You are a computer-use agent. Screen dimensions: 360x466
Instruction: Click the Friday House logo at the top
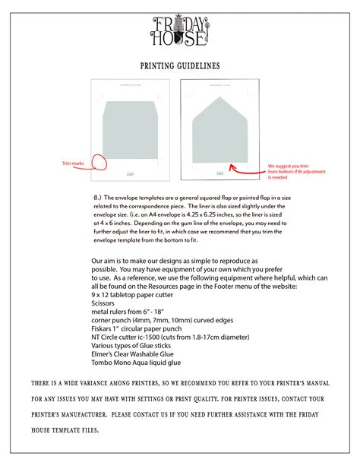180,30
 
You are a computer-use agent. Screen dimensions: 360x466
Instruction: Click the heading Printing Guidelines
180,67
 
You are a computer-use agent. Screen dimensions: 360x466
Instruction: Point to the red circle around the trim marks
97,160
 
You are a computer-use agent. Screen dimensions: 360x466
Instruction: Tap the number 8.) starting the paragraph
98,196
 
